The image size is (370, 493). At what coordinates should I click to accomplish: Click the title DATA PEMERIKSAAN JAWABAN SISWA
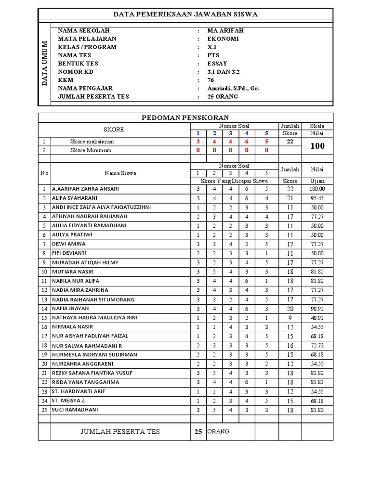click(185, 14)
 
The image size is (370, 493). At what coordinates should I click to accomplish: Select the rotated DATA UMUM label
click(45, 64)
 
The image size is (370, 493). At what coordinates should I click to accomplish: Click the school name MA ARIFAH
click(225, 30)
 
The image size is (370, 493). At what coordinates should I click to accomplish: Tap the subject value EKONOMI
click(223, 39)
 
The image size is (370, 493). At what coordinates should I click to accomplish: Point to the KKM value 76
click(211, 80)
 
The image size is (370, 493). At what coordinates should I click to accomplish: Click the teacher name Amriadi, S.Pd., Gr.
click(233, 88)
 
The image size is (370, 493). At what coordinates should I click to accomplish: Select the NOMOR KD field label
click(76, 72)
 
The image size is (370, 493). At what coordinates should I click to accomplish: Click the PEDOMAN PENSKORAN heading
click(185, 117)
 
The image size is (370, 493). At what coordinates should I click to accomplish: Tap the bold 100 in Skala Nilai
click(317, 146)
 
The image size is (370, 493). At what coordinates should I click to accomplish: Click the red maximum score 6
click(247, 142)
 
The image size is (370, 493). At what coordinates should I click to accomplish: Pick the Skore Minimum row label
click(91, 150)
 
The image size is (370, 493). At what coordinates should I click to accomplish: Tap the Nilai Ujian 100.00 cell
click(317, 189)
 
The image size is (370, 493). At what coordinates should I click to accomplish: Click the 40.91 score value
click(317, 318)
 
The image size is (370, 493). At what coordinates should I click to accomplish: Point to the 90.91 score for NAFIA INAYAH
click(317, 309)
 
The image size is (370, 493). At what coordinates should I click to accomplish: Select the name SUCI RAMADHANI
click(75, 410)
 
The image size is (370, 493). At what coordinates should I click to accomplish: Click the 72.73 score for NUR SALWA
click(317, 346)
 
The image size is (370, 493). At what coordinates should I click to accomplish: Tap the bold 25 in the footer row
click(198, 432)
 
